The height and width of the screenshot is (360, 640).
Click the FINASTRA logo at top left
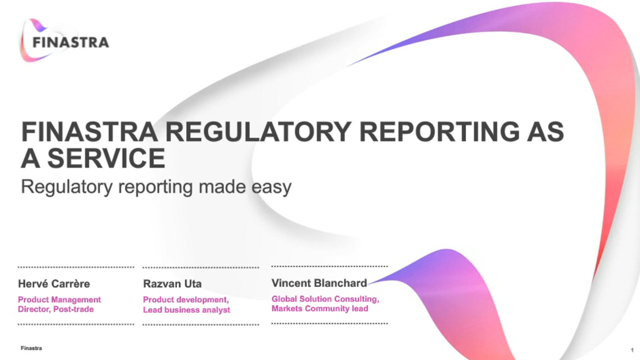65,41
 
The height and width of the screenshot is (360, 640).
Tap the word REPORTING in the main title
439,132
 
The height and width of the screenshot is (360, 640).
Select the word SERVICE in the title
106,158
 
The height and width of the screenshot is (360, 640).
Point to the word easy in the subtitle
271,188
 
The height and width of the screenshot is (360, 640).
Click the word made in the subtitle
222,186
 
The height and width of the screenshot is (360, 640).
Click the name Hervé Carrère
54,284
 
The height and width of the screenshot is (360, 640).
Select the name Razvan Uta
172,284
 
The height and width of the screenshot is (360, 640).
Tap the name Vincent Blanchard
319,283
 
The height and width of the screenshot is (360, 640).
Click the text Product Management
59,300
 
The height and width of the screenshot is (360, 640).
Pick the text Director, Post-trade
56,309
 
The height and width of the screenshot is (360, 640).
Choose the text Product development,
186,300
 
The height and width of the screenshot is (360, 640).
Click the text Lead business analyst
186,310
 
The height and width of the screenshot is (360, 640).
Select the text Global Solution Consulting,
325,299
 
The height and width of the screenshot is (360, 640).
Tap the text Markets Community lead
320,309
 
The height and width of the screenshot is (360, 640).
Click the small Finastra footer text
31,348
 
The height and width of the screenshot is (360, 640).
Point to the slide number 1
632,350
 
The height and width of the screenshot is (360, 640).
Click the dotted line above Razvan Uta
201,267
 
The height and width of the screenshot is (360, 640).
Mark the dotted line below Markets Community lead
330,323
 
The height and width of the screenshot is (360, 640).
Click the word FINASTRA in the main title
89,132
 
